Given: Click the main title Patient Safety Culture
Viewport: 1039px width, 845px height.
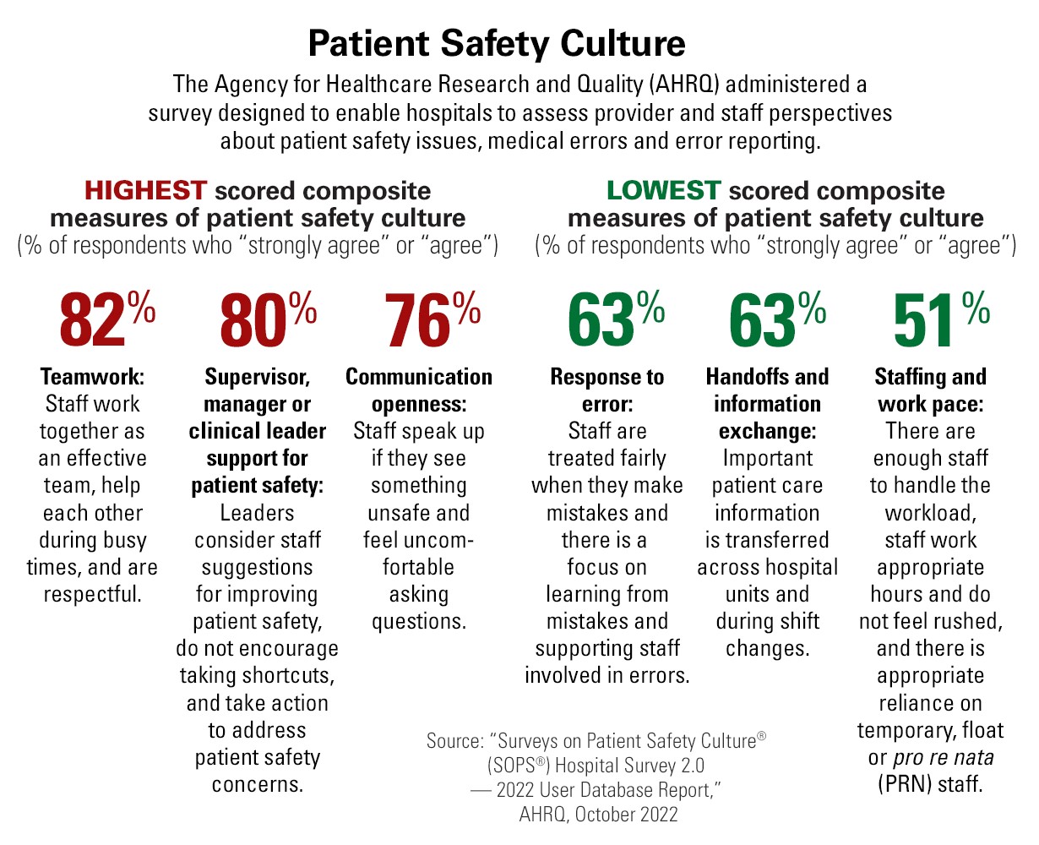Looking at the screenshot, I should [x=496, y=43].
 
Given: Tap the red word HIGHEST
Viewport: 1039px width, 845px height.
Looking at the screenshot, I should [x=145, y=190].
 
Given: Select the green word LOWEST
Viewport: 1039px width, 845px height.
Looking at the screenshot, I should [x=663, y=190].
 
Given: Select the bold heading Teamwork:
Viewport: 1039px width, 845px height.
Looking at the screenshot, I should [x=93, y=377].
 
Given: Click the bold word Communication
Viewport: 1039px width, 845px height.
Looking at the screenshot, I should [x=419, y=377].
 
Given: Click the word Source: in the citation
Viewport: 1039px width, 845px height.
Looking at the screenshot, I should [x=456, y=742].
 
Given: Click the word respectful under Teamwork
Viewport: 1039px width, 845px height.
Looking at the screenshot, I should [x=92, y=594].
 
